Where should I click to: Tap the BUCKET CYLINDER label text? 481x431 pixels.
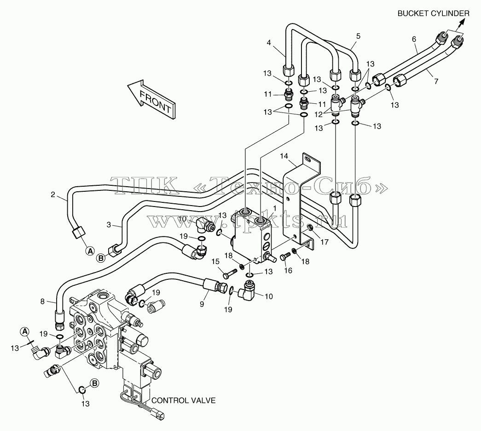coord(434,13)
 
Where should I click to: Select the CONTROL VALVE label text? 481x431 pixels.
coord(184,400)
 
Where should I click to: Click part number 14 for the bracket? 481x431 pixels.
coord(284,156)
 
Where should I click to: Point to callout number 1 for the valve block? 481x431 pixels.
coord(274,208)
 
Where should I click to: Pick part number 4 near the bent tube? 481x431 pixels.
coord(269,43)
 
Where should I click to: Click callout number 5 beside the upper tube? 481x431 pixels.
coord(358,36)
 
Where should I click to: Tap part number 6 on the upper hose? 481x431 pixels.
coord(414,39)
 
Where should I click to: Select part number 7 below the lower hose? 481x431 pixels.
coord(436,81)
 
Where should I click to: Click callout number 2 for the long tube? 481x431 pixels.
coord(53,194)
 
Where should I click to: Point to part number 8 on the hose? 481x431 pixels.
coord(42,301)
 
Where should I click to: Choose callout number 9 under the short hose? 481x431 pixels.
coord(202,304)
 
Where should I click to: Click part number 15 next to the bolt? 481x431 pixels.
coord(215,261)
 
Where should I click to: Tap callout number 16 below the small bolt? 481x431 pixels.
coord(288,270)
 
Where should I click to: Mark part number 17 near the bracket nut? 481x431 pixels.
coord(324,242)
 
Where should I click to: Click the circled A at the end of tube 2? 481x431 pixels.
coord(90,251)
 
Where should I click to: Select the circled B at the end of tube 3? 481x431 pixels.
coord(100,258)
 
